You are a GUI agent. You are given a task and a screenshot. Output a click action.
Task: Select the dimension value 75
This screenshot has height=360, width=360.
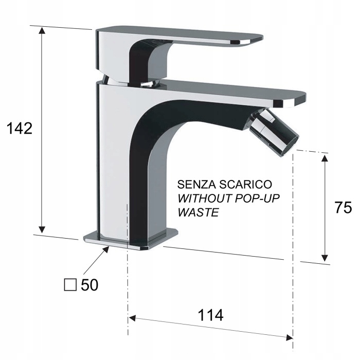pyautogui.click(x=343, y=208)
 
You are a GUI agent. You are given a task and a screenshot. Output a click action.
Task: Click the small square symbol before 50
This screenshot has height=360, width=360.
pyautogui.click(x=70, y=284)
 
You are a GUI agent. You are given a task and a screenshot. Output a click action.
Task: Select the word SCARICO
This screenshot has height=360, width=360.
pyautogui.click(x=243, y=184)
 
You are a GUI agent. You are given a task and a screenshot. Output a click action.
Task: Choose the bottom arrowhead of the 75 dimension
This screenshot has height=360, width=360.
pyautogui.click(x=325, y=257)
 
